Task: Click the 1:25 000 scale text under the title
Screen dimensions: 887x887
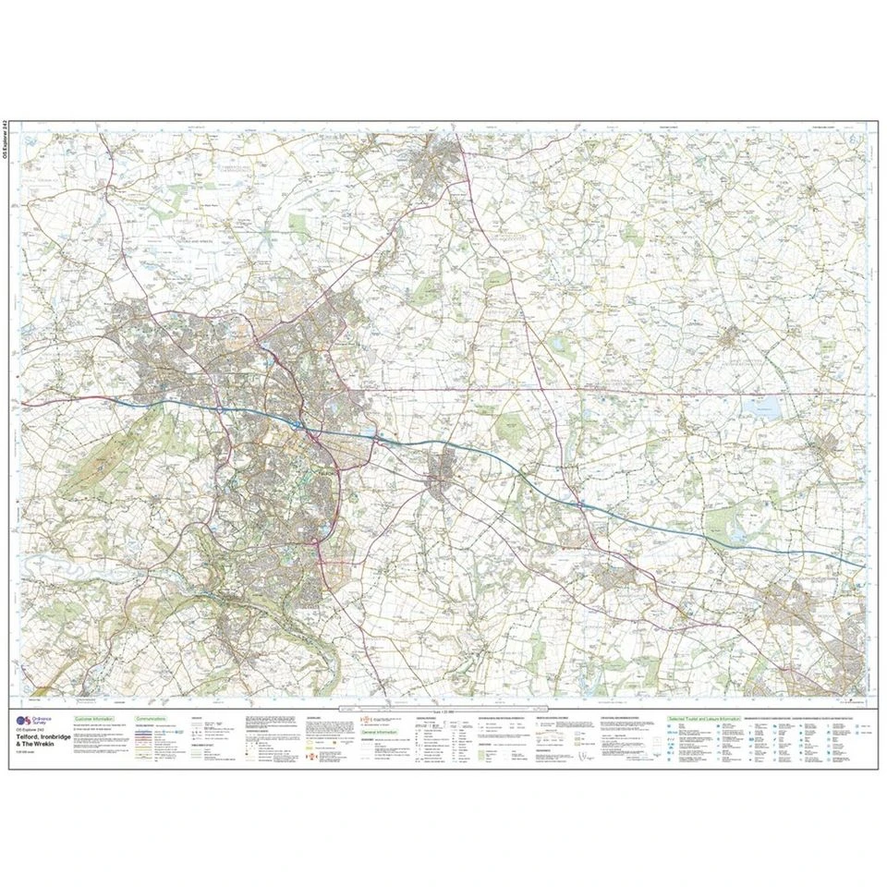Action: (26, 759)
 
